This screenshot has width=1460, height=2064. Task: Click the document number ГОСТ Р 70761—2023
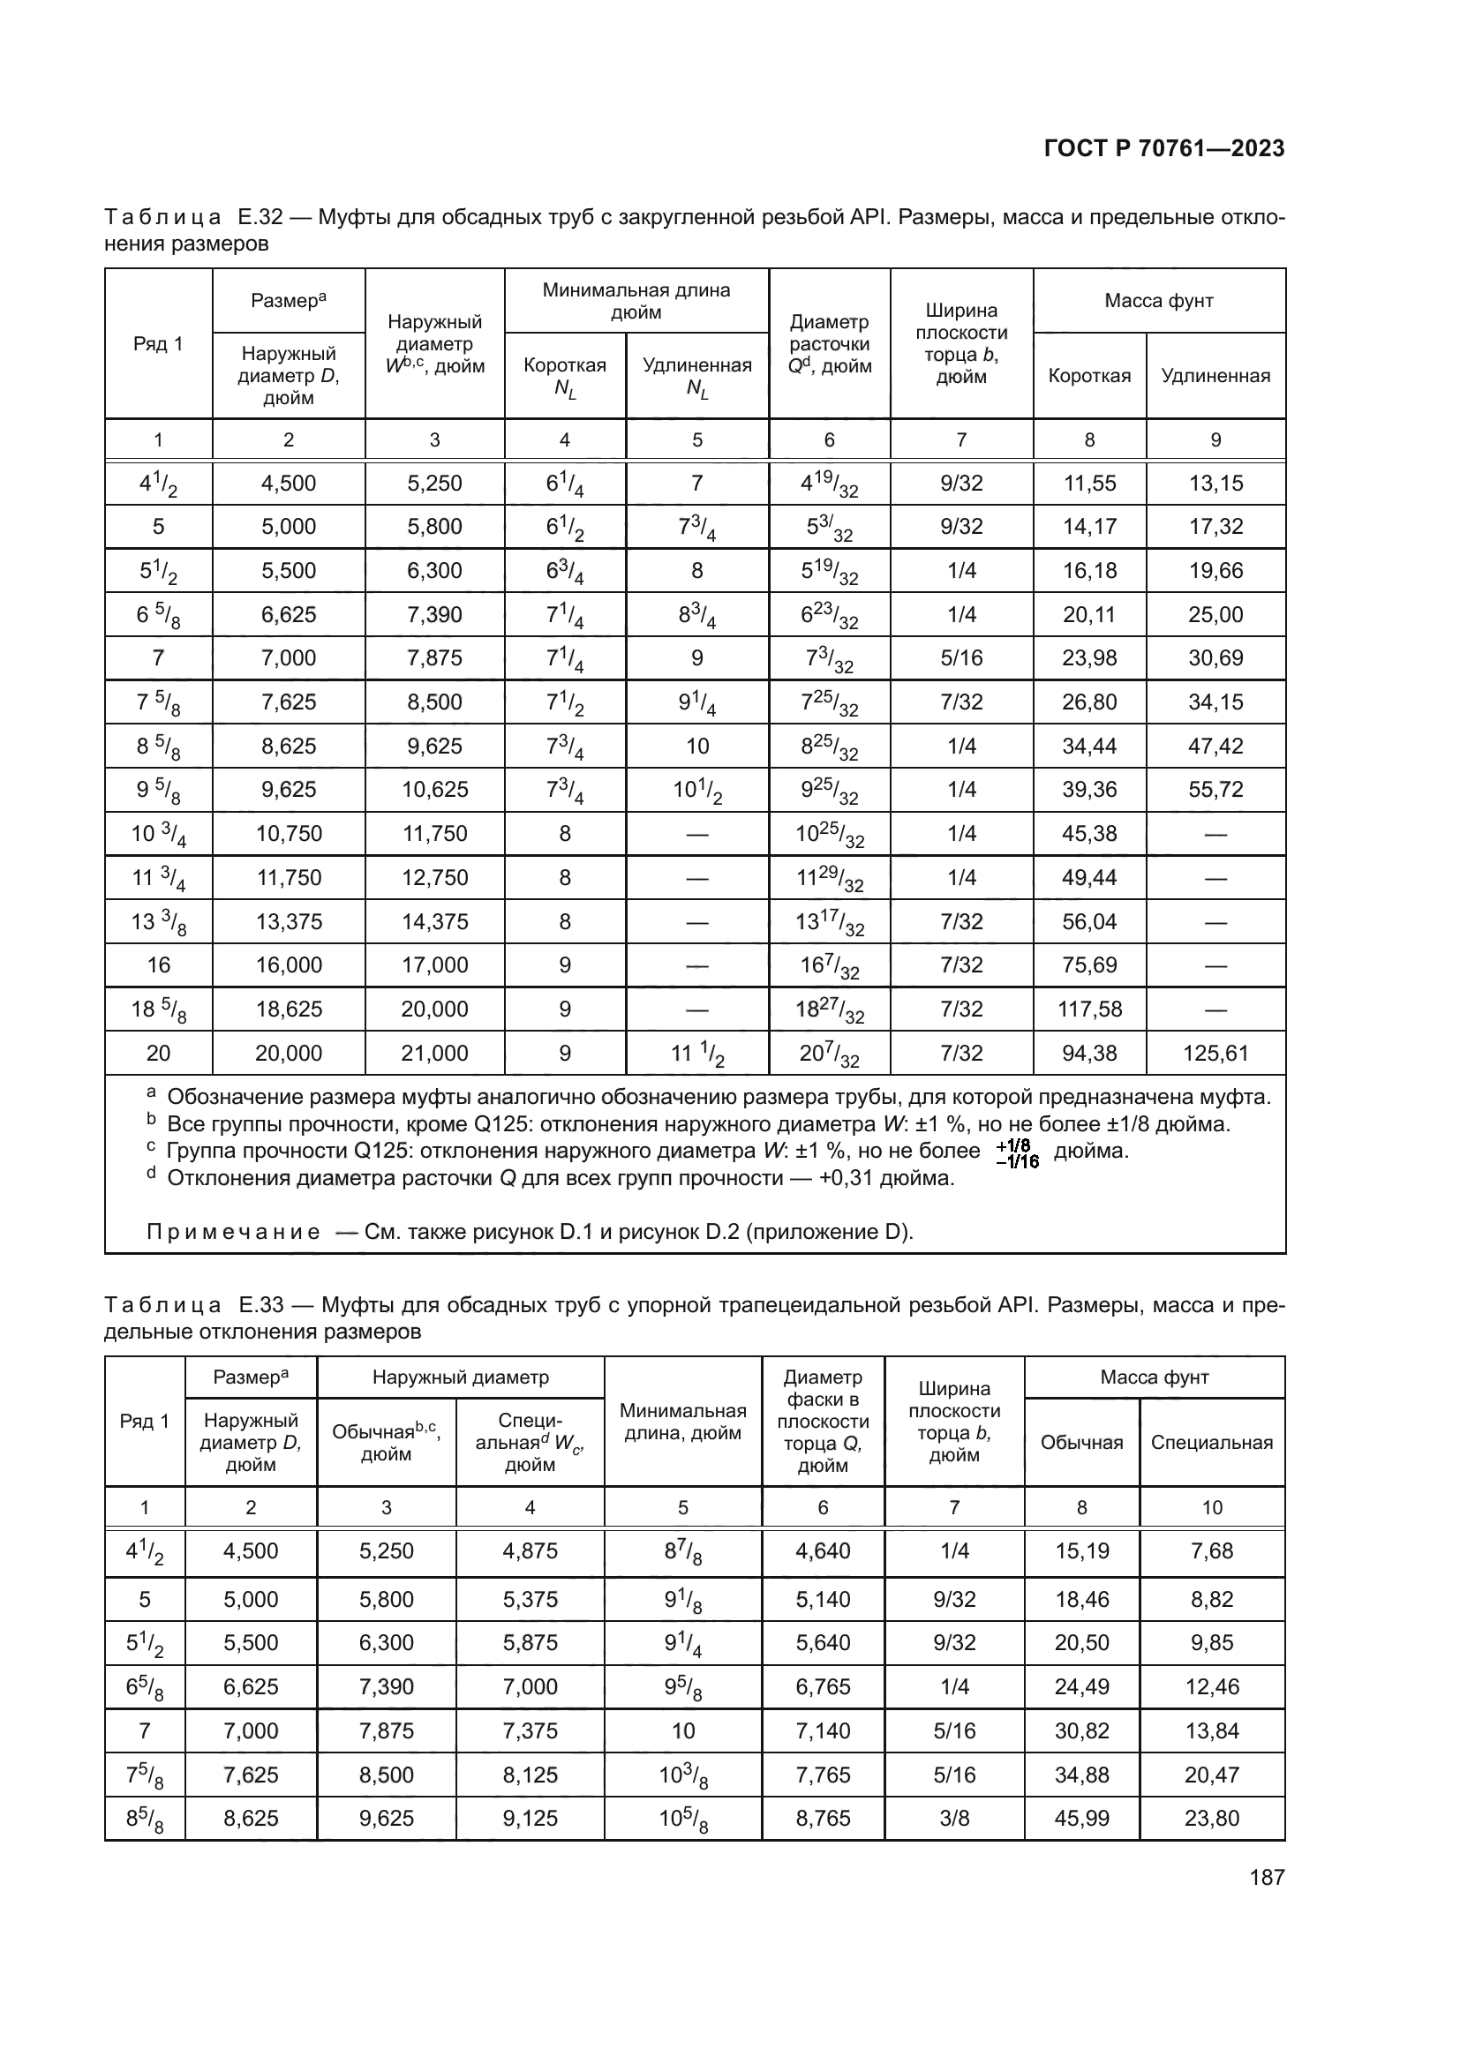(1164, 149)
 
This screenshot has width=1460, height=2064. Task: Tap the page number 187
(1267, 1877)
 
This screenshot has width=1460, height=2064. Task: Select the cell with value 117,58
(1089, 1009)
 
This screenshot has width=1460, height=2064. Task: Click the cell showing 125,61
(1215, 1053)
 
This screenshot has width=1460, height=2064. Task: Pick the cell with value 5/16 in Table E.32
(961, 658)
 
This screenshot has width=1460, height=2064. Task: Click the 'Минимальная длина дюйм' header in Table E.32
(636, 301)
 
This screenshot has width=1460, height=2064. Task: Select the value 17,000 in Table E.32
(434, 964)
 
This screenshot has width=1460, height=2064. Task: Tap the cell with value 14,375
(434, 921)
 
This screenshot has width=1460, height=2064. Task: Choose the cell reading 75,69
(1089, 964)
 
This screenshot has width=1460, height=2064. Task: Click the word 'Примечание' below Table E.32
(233, 1232)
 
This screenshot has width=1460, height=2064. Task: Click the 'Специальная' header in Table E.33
(1211, 1442)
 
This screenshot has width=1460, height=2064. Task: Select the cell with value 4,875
(530, 1550)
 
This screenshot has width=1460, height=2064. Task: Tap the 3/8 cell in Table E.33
(954, 1818)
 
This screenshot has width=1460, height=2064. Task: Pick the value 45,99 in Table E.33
(1081, 1818)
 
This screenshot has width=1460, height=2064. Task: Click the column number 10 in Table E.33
(1212, 1507)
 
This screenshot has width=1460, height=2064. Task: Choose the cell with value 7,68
(1212, 1550)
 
